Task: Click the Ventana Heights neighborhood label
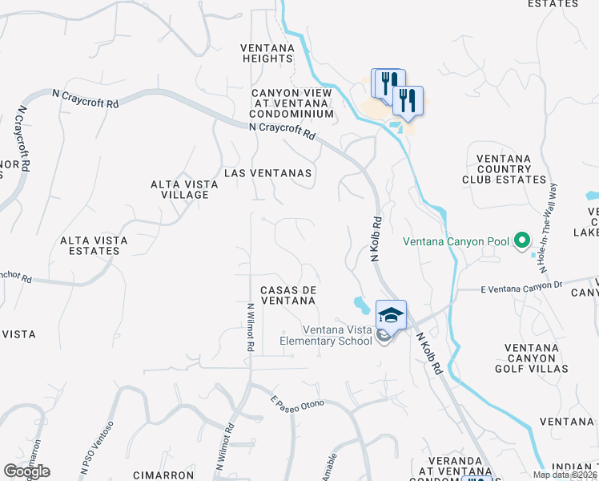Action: pyautogui.click(x=267, y=53)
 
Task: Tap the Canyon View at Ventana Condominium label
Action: pyautogui.click(x=291, y=103)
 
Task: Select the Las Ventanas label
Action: pyautogui.click(x=267, y=172)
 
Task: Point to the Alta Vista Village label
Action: pyautogui.click(x=185, y=189)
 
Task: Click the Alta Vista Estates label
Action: pyautogui.click(x=90, y=245)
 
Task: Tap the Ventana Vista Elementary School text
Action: pyautogui.click(x=327, y=335)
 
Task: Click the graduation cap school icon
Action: pyautogui.click(x=390, y=313)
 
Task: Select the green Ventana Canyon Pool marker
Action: pyautogui.click(x=522, y=240)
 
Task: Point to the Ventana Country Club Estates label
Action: pyautogui.click(x=511, y=169)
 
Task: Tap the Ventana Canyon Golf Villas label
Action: pyautogui.click(x=525, y=358)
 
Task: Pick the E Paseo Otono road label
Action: pyautogui.click(x=297, y=405)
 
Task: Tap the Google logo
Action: pyautogui.click(x=26, y=471)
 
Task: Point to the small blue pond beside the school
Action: pyautogui.click(x=360, y=305)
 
